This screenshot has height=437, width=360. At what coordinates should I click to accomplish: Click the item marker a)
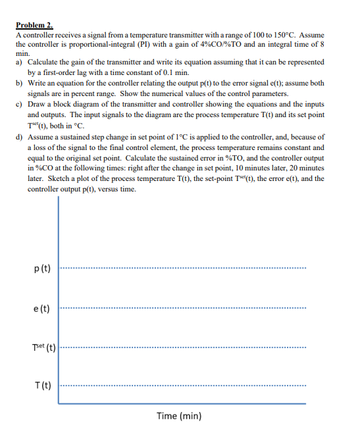point(19,61)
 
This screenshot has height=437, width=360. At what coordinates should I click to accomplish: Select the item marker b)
point(19,84)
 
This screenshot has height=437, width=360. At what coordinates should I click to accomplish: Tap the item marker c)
point(19,104)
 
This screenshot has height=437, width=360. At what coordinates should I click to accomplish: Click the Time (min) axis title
point(179,416)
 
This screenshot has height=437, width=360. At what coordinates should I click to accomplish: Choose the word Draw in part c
point(38,104)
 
